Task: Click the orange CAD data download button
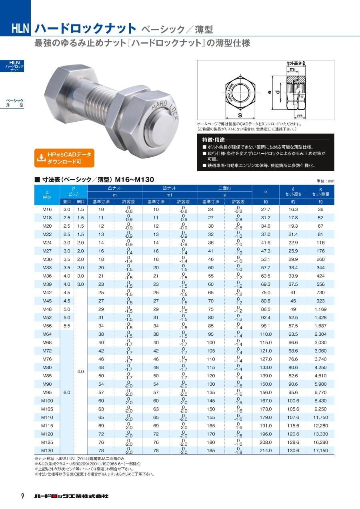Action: pyautogui.click(x=64, y=158)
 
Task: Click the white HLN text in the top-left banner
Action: pyautogui.click(x=20, y=28)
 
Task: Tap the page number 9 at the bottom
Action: pyautogui.click(x=22, y=496)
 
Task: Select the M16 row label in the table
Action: pyautogui.click(x=47, y=209)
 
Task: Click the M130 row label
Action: pyautogui.click(x=47, y=450)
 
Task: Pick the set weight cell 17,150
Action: pyautogui.click(x=320, y=450)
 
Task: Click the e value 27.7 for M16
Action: pyautogui.click(x=266, y=209)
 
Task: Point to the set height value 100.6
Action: pyautogui.click(x=293, y=401)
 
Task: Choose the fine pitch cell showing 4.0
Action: pyautogui.click(x=81, y=371)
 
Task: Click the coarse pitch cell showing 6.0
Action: pyautogui.click(x=67, y=393)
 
